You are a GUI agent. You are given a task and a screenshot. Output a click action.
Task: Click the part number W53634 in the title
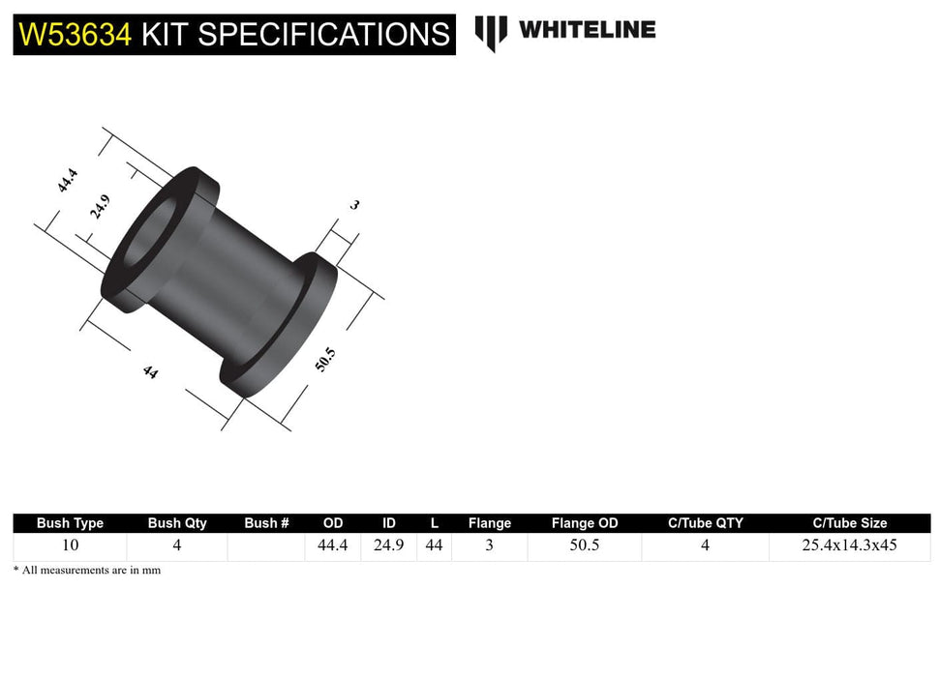tap(76, 35)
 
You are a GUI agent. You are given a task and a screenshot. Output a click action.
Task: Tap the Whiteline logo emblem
tap(491, 32)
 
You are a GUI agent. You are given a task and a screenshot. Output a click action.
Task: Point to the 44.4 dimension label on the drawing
tap(67, 181)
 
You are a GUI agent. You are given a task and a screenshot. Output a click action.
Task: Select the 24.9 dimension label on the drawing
tap(100, 207)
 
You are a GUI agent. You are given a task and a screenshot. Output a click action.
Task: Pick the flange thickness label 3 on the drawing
tap(354, 205)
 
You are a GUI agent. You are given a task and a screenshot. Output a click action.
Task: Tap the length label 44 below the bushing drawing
tap(150, 371)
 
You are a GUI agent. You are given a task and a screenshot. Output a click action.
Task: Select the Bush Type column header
tap(70, 523)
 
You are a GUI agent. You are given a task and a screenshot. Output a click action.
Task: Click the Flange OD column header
tap(584, 523)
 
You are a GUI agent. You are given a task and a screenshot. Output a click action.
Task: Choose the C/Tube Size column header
tap(849, 523)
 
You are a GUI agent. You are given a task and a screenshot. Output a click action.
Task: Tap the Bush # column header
tap(266, 523)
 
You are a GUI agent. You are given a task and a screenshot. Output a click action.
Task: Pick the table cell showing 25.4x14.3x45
tap(849, 545)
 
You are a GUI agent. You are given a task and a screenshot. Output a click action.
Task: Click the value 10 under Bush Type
tap(70, 545)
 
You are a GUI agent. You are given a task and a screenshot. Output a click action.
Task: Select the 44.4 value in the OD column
tap(333, 545)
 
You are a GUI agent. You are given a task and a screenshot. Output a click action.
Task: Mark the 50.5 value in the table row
tap(584, 545)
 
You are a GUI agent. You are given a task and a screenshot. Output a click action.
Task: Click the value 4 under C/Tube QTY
tap(705, 545)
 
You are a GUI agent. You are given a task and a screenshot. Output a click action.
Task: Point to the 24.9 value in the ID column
tap(388, 545)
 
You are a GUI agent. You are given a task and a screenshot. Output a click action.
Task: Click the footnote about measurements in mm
tap(87, 571)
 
